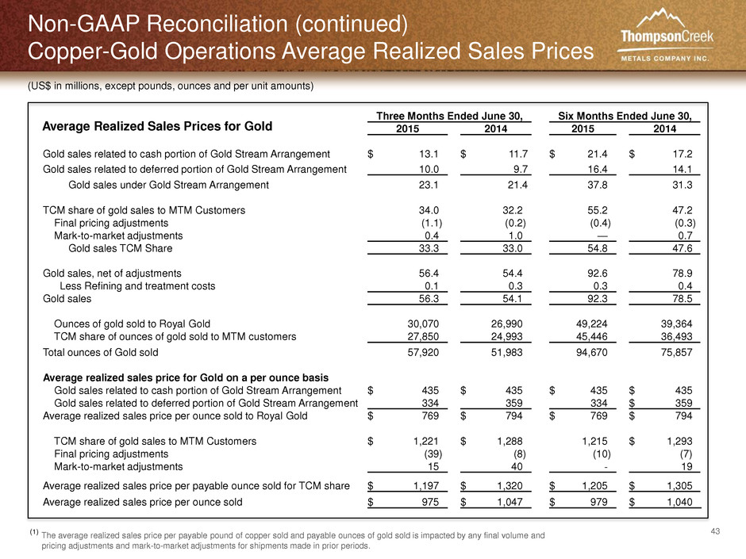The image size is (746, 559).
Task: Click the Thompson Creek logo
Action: tap(667, 35)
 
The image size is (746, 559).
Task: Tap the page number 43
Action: tap(715, 531)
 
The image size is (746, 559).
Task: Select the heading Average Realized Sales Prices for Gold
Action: tap(157, 126)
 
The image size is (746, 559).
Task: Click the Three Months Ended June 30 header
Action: tap(450, 116)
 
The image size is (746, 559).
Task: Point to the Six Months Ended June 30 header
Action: tap(625, 116)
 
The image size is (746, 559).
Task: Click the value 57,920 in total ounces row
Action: tap(423, 352)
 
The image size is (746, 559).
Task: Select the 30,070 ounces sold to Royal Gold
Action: tap(423, 324)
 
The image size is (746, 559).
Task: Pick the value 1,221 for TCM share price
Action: tap(426, 441)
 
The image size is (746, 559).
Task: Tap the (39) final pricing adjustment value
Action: tap(433, 454)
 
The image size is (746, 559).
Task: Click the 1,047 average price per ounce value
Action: tap(510, 502)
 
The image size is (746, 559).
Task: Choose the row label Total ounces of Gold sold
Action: tap(100, 352)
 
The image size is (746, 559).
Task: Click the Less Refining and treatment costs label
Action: tap(137, 286)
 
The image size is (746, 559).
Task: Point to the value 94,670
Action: tap(591, 352)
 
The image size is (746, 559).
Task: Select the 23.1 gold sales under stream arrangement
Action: tap(429, 185)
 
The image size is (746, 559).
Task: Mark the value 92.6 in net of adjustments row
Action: tap(598, 274)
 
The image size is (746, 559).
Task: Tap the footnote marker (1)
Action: tap(34, 532)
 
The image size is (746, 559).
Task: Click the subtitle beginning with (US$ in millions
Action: tap(171, 86)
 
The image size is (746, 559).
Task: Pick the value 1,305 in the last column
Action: tap(680, 486)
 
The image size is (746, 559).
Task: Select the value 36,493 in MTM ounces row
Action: tap(676, 336)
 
